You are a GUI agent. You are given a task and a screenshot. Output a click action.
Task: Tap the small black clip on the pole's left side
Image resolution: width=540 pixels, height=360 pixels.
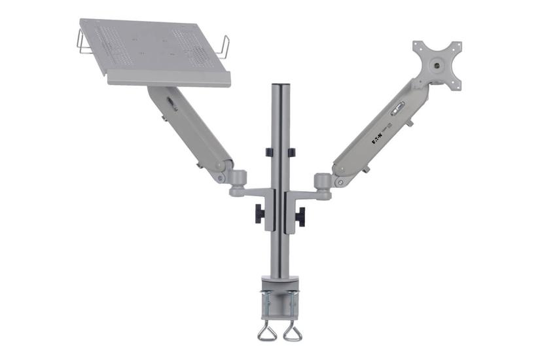click(x=269, y=153)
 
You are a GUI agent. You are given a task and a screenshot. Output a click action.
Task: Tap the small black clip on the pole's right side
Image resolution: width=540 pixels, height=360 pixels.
click(x=291, y=153)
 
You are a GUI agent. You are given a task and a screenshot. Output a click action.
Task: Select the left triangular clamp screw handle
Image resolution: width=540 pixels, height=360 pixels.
click(x=267, y=332)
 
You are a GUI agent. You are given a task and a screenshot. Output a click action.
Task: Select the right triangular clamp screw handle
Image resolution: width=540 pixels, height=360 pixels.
click(x=293, y=332)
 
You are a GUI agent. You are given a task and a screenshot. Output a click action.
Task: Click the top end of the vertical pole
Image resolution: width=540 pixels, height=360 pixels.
click(x=280, y=87)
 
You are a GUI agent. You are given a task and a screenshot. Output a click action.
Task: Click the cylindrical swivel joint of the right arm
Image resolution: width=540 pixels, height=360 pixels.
click(x=322, y=181)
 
